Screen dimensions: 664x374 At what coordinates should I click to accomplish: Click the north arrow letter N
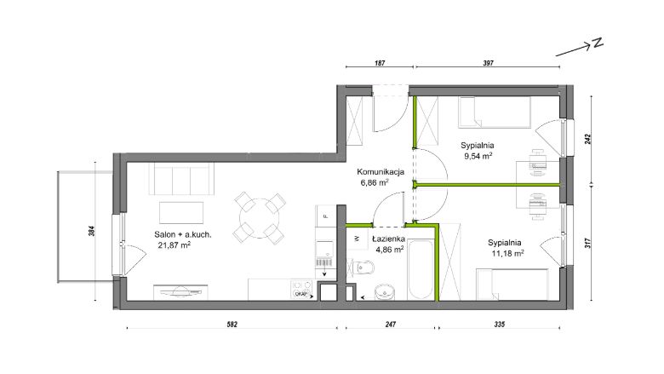click(598, 43)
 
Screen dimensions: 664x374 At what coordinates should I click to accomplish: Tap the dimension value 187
click(380, 63)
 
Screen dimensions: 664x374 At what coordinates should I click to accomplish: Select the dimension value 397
click(489, 63)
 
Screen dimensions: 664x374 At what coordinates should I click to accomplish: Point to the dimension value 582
click(232, 325)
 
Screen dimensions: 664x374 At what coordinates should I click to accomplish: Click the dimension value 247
click(391, 325)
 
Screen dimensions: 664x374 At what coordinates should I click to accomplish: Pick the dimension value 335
click(500, 325)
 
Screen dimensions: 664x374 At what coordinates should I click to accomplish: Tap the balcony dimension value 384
click(92, 230)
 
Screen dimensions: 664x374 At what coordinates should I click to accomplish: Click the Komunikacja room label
click(381, 172)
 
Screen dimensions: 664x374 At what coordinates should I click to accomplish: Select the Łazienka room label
click(389, 239)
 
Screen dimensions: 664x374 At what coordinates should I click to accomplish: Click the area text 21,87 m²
click(174, 245)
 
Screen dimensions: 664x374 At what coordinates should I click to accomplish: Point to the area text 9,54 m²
click(477, 155)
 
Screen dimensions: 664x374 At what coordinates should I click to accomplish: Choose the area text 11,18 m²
click(507, 253)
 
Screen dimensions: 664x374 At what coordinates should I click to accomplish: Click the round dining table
click(260, 218)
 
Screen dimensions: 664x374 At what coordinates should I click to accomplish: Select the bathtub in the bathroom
click(421, 270)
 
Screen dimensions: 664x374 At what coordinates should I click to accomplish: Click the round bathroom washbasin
click(385, 292)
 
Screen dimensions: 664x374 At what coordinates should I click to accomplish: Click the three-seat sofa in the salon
click(181, 179)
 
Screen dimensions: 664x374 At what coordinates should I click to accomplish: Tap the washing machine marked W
click(356, 239)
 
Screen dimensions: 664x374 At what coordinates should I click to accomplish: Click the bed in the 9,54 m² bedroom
click(495, 112)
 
